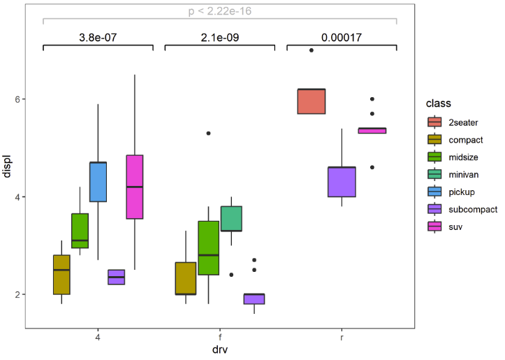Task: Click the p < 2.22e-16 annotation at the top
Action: click(x=219, y=11)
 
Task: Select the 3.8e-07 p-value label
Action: click(x=98, y=37)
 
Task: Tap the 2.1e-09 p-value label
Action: click(x=219, y=37)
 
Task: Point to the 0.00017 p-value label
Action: click(x=342, y=37)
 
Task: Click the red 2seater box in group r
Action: click(x=311, y=101)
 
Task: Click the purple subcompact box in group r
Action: click(x=342, y=182)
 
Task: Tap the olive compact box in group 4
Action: click(x=61, y=275)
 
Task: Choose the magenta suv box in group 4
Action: click(x=134, y=187)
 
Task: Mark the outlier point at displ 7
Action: click(x=312, y=50)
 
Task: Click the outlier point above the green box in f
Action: click(x=209, y=134)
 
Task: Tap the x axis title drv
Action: click(x=219, y=350)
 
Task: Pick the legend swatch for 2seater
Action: click(x=435, y=122)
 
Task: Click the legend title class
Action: click(x=438, y=103)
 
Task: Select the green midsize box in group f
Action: click(x=209, y=248)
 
